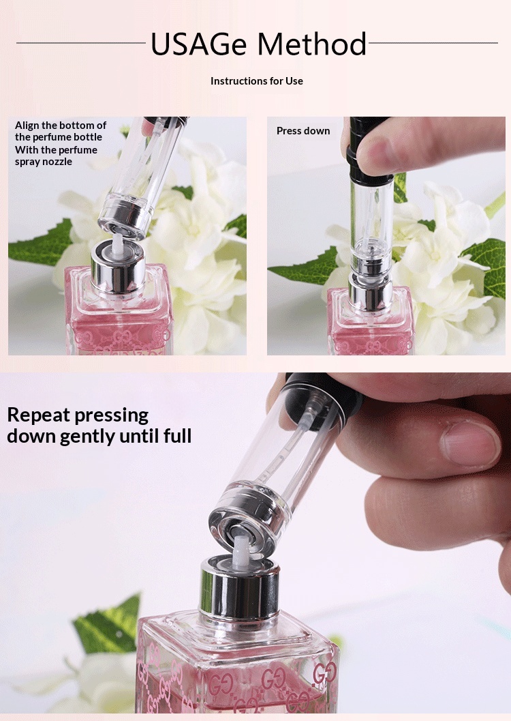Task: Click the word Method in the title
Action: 312,44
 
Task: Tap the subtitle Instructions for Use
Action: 257,81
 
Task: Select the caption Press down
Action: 303,131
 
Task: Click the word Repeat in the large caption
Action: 39,415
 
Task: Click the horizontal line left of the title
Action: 81,43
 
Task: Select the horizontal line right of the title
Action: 433,43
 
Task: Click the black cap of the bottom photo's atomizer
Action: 322,396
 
